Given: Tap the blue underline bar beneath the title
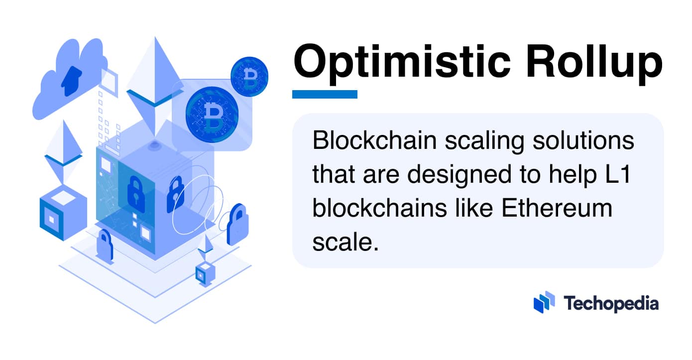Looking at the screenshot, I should point(325,94).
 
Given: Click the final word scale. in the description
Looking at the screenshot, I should point(342,242).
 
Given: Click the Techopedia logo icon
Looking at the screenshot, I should point(544,302).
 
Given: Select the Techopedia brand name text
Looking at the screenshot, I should point(611,303).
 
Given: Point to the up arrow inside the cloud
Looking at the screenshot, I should point(72,80).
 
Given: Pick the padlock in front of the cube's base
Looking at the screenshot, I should point(104,244).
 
